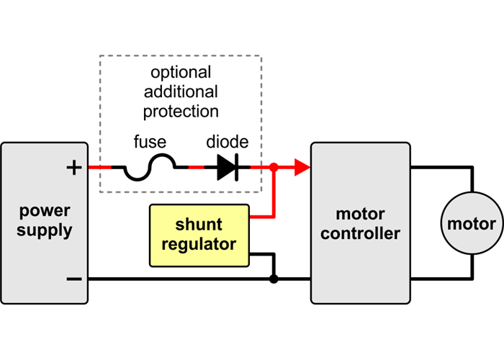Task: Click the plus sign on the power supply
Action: tap(73, 168)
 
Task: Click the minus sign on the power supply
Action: tap(73, 279)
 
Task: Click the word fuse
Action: tap(149, 143)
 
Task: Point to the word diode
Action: tap(227, 143)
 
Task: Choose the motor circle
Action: tap(472, 223)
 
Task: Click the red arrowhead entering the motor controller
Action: tap(302, 168)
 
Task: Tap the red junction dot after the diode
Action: tap(274, 168)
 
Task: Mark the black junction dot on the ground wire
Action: tap(274, 279)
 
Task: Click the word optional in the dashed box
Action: tap(181, 73)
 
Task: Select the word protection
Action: tap(181, 112)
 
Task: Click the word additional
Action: tap(181, 92)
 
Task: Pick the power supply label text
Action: tap(45, 221)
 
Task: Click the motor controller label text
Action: tap(360, 224)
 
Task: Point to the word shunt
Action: tap(199, 224)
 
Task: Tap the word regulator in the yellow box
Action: tap(199, 244)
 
